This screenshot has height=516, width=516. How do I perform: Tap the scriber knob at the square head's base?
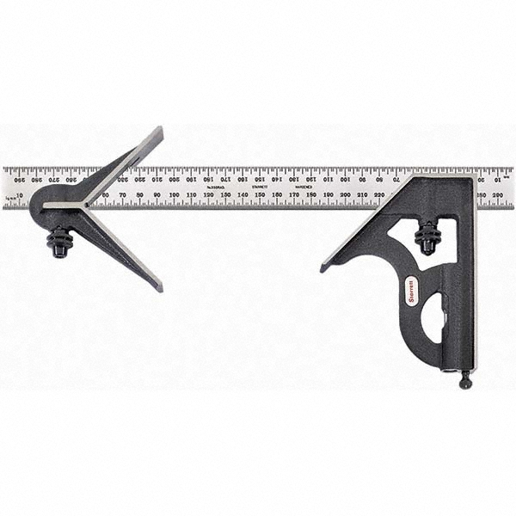point(465,379)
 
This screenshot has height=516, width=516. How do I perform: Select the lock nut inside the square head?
point(427,238)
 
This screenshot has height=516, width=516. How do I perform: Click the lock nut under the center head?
point(59,242)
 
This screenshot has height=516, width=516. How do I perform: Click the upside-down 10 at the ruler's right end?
point(498,179)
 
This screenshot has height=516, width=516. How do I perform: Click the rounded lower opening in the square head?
point(434,317)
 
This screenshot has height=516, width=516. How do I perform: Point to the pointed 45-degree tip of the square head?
point(324,267)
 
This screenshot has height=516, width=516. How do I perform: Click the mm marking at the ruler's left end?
point(9,197)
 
